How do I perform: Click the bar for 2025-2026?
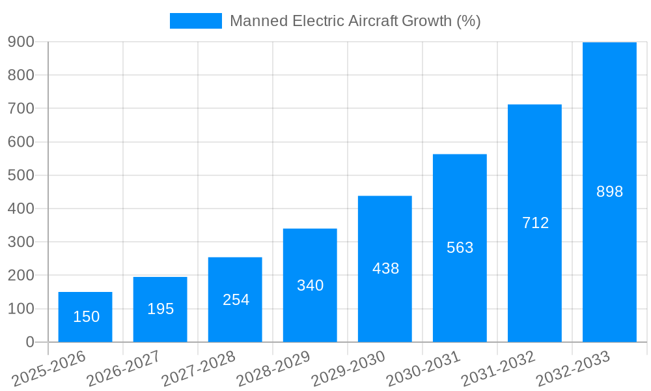pyautogui.click(x=85, y=317)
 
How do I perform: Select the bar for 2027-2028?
pyautogui.click(x=235, y=300)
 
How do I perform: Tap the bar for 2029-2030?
pyautogui.click(x=385, y=268)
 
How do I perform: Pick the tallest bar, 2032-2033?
pyautogui.click(x=609, y=192)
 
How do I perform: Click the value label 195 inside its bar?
pyautogui.click(x=160, y=309)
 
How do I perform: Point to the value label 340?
pyautogui.click(x=310, y=285)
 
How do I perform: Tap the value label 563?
pyautogui.click(x=460, y=248)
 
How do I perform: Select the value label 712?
pyautogui.click(x=535, y=223)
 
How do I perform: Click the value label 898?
pyautogui.click(x=609, y=192)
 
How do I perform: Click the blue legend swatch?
pyautogui.click(x=195, y=21)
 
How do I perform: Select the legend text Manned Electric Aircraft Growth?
pyautogui.click(x=355, y=21)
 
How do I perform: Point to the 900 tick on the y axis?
pyautogui.click(x=21, y=42)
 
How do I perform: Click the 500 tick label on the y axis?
pyautogui.click(x=21, y=175)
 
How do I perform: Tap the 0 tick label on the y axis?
pyautogui.click(x=30, y=342)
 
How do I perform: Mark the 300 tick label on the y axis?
pyautogui.click(x=21, y=242)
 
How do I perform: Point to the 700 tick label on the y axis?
pyautogui.click(x=21, y=108)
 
